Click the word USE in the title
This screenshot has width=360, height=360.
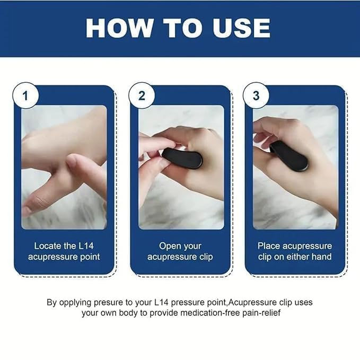241,28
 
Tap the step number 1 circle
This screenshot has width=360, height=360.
25,96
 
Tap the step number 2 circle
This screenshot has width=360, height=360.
142,96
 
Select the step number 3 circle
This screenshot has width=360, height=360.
256,96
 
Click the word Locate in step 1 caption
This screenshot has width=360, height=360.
48,246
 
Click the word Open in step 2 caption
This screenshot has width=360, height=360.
170,246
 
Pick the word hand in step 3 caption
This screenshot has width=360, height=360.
321,257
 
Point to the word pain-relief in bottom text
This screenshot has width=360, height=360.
258,313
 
